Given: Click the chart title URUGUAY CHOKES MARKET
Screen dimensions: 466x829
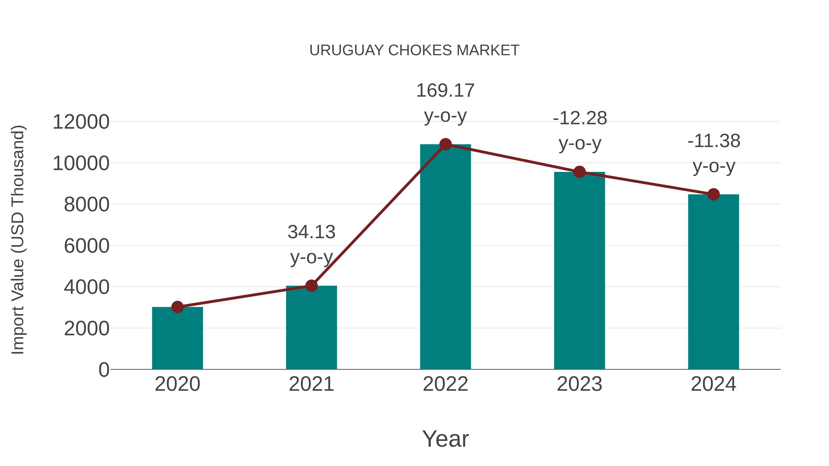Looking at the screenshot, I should pyautogui.click(x=414, y=50).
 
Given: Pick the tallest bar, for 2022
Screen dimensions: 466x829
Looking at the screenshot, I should pyautogui.click(x=445, y=257).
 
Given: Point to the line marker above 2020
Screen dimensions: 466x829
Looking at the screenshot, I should pyautogui.click(x=177, y=307).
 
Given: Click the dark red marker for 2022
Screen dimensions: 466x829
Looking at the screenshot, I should pyautogui.click(x=445, y=144).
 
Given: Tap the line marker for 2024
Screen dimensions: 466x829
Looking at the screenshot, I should pyautogui.click(x=713, y=194).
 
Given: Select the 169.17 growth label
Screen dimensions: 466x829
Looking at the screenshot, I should pyautogui.click(x=445, y=91).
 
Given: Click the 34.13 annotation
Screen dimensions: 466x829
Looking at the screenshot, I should pyautogui.click(x=311, y=232).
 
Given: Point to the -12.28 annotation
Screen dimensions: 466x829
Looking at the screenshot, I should pyautogui.click(x=580, y=118).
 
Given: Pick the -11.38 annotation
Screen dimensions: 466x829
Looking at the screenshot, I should pyautogui.click(x=714, y=141).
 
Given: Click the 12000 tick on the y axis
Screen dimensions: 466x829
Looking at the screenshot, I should pyautogui.click(x=81, y=122).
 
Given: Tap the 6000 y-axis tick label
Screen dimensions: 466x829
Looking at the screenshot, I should pyautogui.click(x=87, y=246).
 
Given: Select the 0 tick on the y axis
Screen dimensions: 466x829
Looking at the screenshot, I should pyautogui.click(x=104, y=370).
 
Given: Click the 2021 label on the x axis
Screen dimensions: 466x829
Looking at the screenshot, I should pyautogui.click(x=311, y=384).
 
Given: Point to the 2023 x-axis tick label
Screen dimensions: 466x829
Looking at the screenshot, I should pyautogui.click(x=579, y=384).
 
